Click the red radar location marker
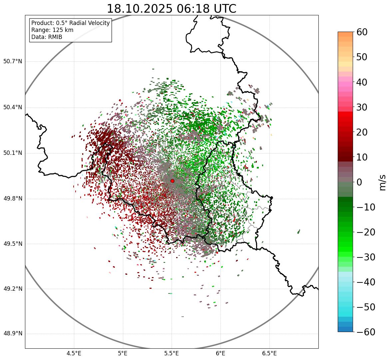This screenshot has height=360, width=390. (172, 181)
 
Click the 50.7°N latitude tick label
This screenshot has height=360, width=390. (13, 62)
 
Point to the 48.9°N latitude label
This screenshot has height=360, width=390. (13, 334)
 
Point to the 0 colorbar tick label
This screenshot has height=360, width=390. (359, 182)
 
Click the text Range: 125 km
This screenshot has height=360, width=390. (52, 30)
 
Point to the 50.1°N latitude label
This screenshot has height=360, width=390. (13, 153)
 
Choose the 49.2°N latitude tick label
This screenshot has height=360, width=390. (13, 289)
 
